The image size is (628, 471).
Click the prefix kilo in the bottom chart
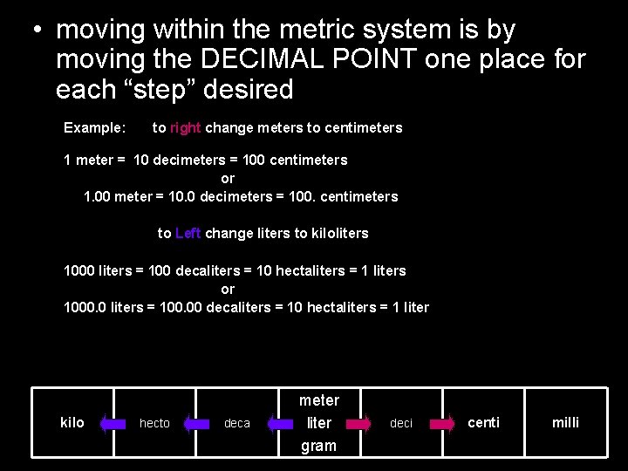(72, 423)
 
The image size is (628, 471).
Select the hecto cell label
(154, 424)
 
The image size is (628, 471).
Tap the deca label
(236, 424)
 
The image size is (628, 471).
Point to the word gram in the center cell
(318, 446)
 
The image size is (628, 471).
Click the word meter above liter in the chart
(318, 400)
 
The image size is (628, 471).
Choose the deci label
(400, 424)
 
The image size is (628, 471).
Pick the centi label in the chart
(484, 423)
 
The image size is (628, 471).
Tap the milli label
(565, 423)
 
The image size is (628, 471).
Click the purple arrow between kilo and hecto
(113, 424)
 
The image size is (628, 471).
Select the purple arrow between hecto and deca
(196, 424)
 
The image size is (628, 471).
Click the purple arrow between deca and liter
(280, 424)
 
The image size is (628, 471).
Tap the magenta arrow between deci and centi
(442, 424)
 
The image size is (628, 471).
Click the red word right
(185, 128)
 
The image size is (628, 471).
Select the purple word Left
(188, 234)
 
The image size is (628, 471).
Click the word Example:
(94, 128)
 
